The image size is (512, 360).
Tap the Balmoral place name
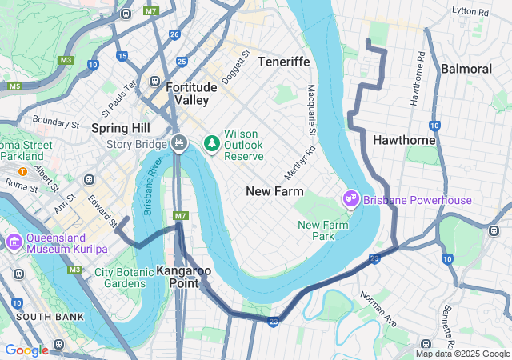tap(466, 69)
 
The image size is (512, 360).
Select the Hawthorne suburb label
tap(404, 140)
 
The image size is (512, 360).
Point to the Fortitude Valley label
tap(186, 94)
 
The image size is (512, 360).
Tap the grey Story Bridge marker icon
tap(179, 143)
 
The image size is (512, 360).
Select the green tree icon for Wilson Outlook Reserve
tap(212, 143)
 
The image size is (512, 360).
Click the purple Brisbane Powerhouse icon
tap(350, 198)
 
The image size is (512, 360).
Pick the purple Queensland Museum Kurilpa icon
tap(14, 242)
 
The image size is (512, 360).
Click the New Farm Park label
tap(327, 230)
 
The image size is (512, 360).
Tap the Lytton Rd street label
tap(470, 12)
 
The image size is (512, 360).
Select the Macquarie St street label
tap(312, 110)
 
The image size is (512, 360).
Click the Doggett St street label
tap(236, 67)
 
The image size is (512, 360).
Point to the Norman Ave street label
tap(378, 308)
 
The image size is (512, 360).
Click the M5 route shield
tap(14, 86)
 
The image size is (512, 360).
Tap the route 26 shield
tap(174, 34)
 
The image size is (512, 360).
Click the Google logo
tap(26, 350)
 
